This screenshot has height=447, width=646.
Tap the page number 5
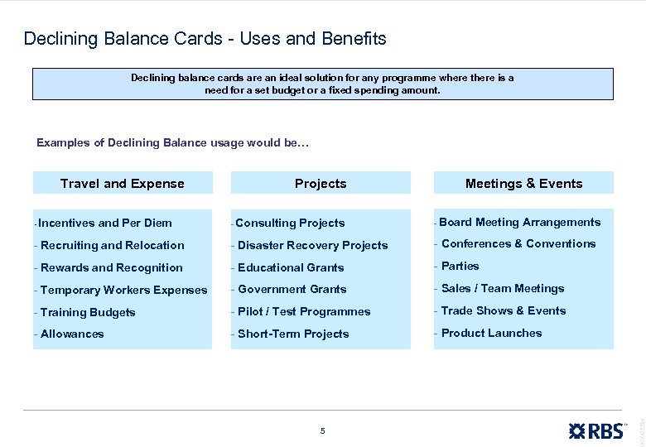[x=323, y=430]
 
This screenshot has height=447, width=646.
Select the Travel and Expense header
[x=123, y=183]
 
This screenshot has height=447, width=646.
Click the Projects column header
[x=321, y=183]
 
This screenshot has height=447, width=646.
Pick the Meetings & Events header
[x=523, y=183]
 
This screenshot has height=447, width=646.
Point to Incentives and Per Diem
[x=104, y=223]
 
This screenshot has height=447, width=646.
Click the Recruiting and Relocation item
[x=112, y=245]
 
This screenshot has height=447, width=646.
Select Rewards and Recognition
[x=111, y=267]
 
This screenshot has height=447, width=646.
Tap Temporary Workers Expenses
[x=123, y=290]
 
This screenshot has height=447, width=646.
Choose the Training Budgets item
[x=87, y=312]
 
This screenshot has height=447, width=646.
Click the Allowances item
[x=72, y=334]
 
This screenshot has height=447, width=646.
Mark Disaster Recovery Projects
[x=312, y=245]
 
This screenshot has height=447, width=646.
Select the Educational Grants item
[x=291, y=267]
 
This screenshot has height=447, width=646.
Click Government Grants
[x=292, y=289]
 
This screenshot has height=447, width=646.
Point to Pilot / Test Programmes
[x=304, y=311]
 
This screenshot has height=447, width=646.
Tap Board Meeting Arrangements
[x=519, y=222]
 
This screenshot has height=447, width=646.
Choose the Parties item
[x=460, y=266]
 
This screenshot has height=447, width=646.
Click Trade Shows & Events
[x=504, y=310]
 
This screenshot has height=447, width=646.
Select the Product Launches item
[x=491, y=333]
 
